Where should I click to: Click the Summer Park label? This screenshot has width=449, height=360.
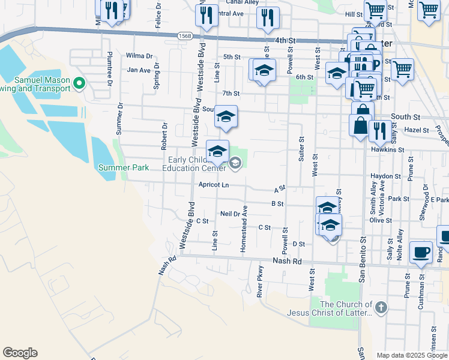click(x=124, y=167)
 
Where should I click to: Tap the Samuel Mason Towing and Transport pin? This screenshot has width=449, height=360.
click(x=78, y=85)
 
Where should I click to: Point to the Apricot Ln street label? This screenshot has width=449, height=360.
click(x=214, y=185)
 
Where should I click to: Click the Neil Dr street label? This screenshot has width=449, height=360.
click(x=231, y=214)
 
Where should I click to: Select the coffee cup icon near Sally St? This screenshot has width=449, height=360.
click(x=421, y=251)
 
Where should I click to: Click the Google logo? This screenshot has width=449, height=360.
click(x=20, y=353)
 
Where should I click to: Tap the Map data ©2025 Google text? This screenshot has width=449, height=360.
click(x=411, y=355)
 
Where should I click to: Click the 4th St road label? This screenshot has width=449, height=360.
click(x=286, y=40)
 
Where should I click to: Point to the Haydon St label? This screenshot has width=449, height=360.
click(x=385, y=176)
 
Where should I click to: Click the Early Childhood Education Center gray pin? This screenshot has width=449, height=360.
click(x=235, y=162)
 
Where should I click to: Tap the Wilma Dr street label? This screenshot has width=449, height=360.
click(x=139, y=56)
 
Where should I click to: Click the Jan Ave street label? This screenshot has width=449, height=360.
click(x=139, y=70)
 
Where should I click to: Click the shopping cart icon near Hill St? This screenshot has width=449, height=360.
click(x=375, y=10)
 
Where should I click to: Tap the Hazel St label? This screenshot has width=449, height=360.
click(x=417, y=130)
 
